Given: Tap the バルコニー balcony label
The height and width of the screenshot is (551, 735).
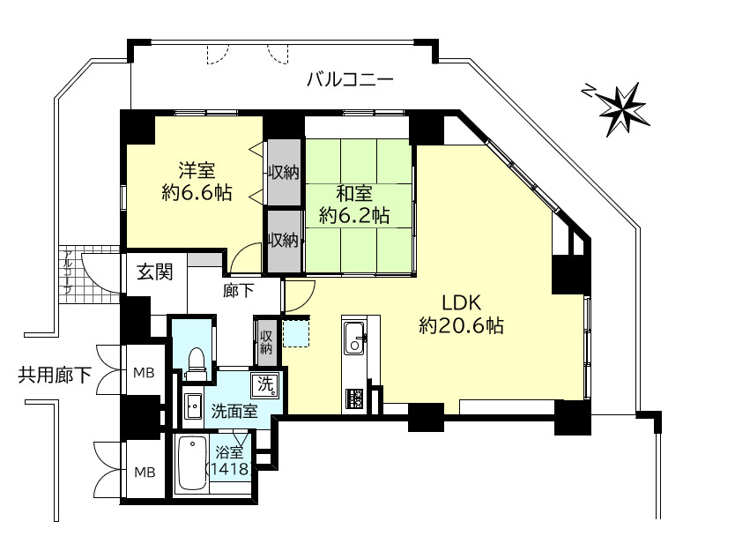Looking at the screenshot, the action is tap(350, 79).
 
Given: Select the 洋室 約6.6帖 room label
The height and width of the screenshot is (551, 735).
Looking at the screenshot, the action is tap(197, 181).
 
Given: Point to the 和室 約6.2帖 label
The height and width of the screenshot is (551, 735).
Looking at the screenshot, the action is tap(354, 205).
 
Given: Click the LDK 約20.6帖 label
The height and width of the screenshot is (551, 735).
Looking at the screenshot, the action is tap(462, 314).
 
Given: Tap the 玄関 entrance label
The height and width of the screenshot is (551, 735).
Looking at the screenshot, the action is tap(155, 272).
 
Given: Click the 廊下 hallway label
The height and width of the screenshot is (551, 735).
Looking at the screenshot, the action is tap(238, 291).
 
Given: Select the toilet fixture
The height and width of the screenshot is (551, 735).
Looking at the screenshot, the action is tap(196, 363).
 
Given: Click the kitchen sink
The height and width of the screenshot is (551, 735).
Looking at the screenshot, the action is tap(355, 339).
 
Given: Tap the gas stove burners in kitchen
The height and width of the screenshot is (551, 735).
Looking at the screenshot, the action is tap(354, 398).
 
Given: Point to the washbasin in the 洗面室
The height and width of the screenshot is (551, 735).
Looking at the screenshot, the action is tap(193, 405).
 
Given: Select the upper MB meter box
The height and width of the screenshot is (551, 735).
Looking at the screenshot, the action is tap(144, 373).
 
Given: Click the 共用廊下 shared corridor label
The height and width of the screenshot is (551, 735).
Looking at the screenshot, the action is tap(55, 376).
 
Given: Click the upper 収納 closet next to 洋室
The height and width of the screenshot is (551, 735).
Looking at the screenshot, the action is tap(284, 173).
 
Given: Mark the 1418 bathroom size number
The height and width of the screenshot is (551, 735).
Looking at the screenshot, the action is tap(229, 468).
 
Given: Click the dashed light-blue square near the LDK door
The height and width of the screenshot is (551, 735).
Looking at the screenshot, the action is tap(296, 333).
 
